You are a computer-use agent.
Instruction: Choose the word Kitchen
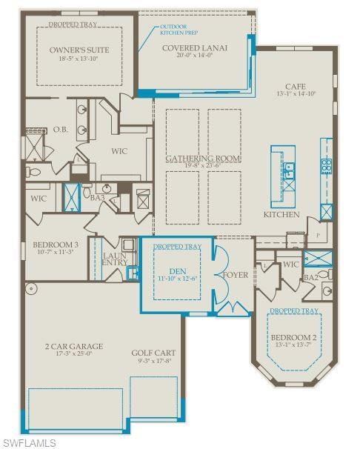pyautogui.click(x=281, y=215)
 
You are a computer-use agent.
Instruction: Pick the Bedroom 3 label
pyautogui.click(x=56, y=245)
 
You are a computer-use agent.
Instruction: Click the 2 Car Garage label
pyautogui.click(x=73, y=346)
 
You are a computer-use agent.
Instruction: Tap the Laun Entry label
pyautogui.click(x=114, y=259)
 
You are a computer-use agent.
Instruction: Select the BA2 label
pyautogui.click(x=310, y=277)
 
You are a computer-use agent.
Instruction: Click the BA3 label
pyautogui.click(x=96, y=198)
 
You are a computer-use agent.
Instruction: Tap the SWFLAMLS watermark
pyautogui.click(x=30, y=442)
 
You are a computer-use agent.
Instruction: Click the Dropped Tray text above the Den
pyautogui.click(x=176, y=246)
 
